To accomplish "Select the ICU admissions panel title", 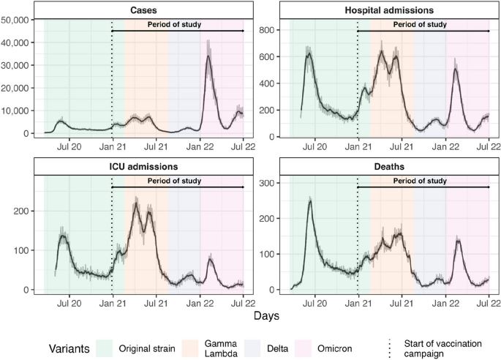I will [144, 167].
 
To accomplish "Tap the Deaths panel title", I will [390, 167].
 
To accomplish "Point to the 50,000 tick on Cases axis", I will [17, 20].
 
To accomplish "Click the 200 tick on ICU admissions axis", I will [23, 211].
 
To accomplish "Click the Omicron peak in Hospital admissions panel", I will [455, 70].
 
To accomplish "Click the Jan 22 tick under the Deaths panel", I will [445, 302].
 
